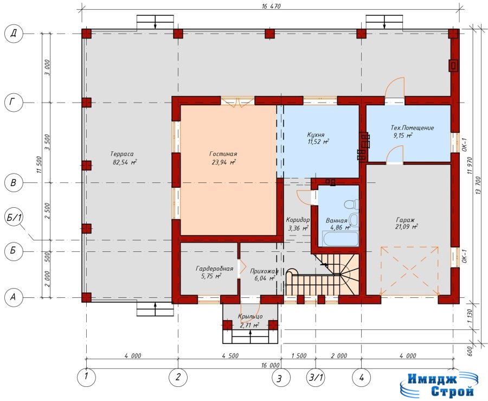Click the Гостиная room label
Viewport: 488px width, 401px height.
(223, 154)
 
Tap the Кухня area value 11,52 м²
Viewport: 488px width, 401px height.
(318, 142)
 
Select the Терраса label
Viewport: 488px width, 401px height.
(121, 154)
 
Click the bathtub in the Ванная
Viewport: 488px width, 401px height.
(340, 239)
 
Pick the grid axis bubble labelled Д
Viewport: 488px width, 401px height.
(14, 34)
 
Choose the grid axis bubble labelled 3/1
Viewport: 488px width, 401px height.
(316, 378)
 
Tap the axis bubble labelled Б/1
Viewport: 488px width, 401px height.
(14, 218)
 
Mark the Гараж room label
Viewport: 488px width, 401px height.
(405, 219)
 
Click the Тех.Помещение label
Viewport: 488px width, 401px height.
(412, 128)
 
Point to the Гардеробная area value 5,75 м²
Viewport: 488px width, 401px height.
(211, 276)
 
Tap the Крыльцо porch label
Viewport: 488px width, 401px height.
(250, 317)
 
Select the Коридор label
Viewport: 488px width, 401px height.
(298, 220)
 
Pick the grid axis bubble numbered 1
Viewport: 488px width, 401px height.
(86, 377)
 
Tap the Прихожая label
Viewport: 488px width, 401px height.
(264, 271)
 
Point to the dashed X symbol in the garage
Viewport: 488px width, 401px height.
(409, 271)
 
